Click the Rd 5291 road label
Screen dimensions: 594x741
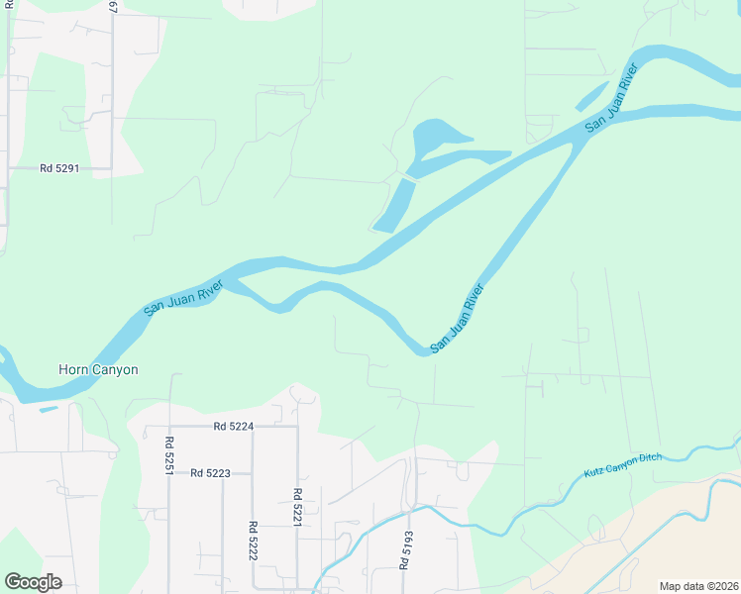coord(59,168)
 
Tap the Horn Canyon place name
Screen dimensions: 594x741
coord(98,369)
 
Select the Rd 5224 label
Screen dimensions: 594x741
coord(234,426)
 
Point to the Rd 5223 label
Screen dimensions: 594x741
coord(211,473)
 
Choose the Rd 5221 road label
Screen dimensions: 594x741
coord(296,506)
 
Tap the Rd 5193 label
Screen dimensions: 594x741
coord(405,549)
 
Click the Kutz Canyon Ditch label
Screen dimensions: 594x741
coord(620,462)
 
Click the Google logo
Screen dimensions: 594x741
coord(33,582)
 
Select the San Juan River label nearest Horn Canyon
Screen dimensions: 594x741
coord(183,297)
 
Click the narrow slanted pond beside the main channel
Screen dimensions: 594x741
coord(393,205)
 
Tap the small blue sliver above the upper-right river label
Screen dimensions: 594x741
coord(591,96)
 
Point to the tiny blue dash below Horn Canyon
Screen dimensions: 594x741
coord(49,408)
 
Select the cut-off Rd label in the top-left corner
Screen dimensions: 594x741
coord(8,5)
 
